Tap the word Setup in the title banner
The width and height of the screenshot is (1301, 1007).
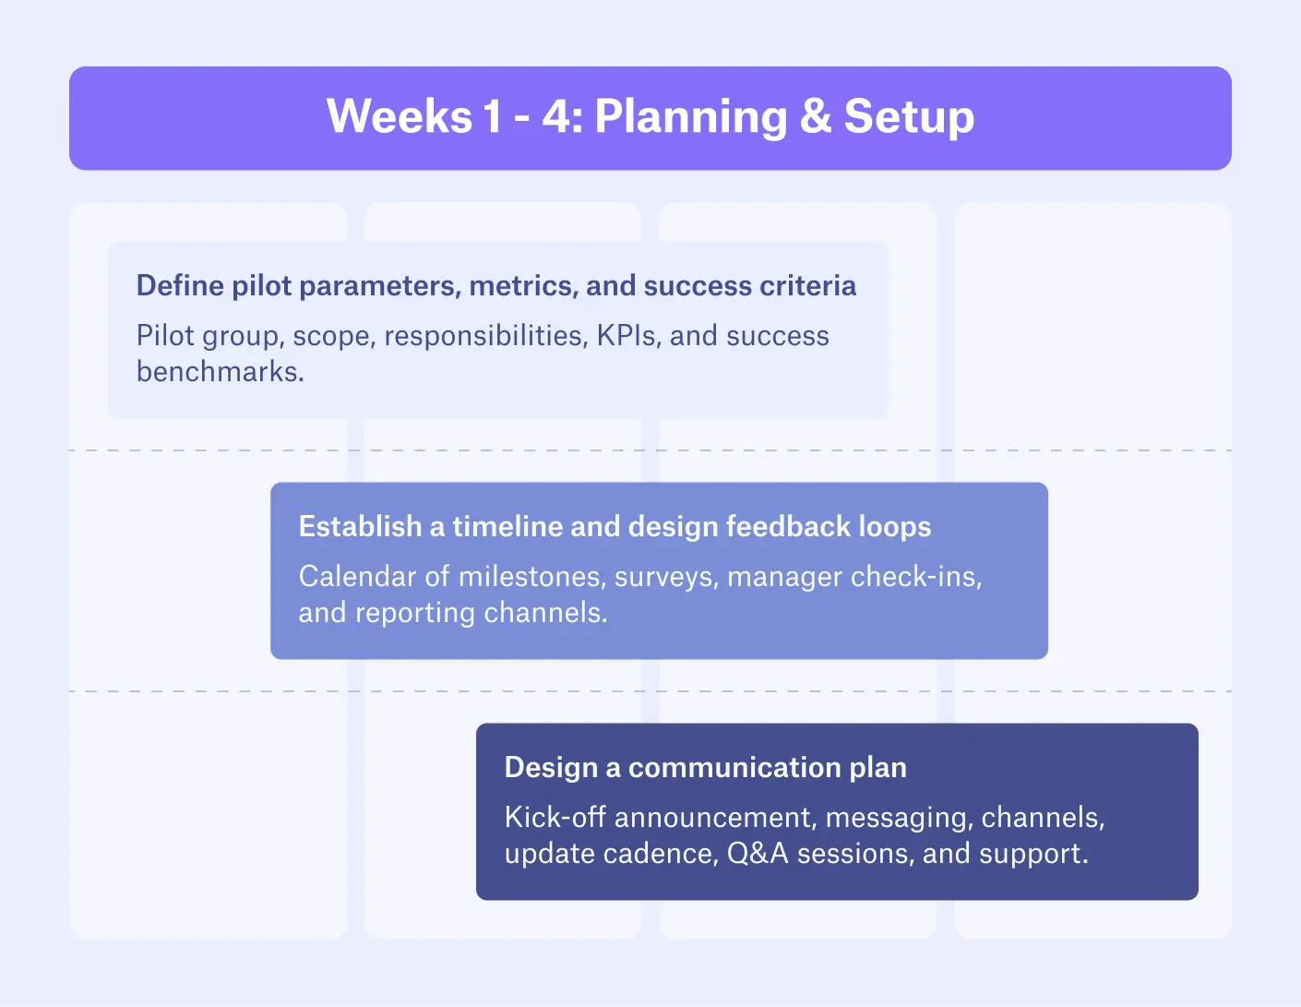point(909,117)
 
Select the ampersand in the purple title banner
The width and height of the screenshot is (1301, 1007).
point(816,117)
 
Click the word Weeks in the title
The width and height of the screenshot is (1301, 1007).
point(400,117)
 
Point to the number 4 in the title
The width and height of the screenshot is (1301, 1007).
point(558,117)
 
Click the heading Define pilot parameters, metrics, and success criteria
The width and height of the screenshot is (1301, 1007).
point(495,286)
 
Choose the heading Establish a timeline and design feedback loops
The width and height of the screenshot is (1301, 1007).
point(615,527)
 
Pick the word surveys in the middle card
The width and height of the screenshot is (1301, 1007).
point(666,577)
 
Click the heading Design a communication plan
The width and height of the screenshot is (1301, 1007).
point(705,768)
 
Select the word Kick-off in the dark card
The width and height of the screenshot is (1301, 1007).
point(555,818)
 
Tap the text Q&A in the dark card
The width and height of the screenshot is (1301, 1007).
point(758,854)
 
